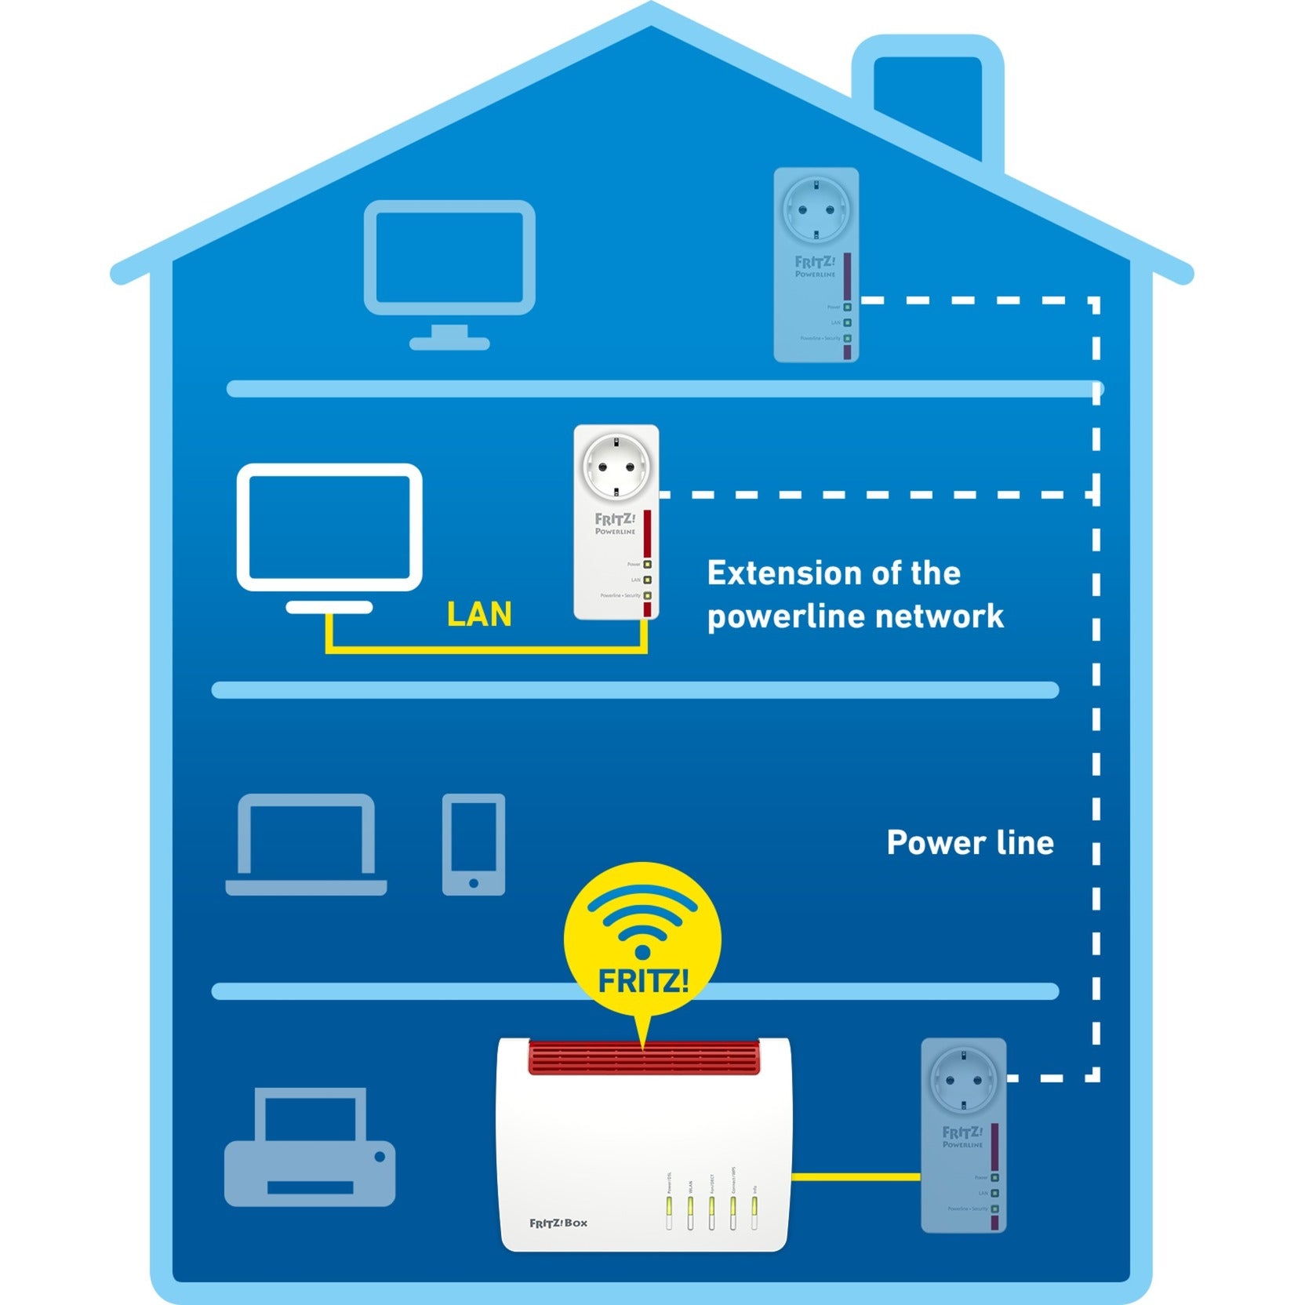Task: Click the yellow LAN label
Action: [x=478, y=614]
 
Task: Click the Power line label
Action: [x=970, y=843]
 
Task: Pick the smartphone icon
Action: [x=473, y=844]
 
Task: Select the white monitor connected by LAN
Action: [x=329, y=527]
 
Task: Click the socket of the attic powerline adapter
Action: [x=816, y=209]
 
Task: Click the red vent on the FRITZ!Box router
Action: [x=644, y=1057]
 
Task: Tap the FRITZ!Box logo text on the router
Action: [x=558, y=1223]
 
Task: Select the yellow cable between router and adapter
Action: [x=856, y=1176]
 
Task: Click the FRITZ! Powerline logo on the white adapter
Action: [x=615, y=524]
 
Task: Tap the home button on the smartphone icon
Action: [x=473, y=883]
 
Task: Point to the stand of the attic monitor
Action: [x=449, y=337]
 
